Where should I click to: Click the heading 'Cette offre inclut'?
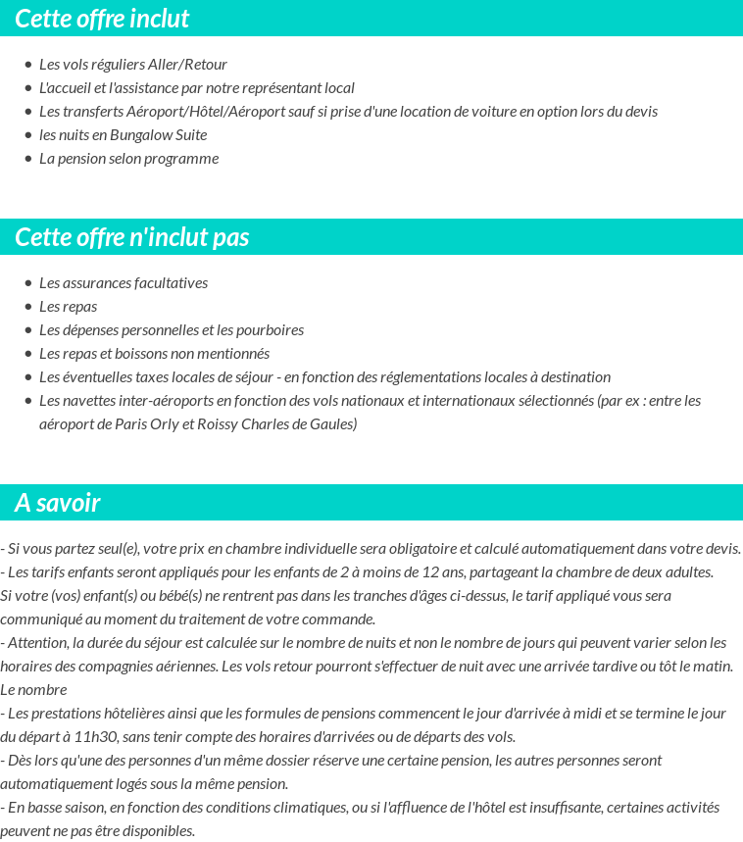102,19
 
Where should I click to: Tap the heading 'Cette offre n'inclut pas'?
132,237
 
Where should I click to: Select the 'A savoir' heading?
58,503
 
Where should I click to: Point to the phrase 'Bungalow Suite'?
159,135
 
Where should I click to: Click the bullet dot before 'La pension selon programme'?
27,159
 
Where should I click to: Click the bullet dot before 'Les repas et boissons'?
27,354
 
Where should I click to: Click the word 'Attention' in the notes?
38,643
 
